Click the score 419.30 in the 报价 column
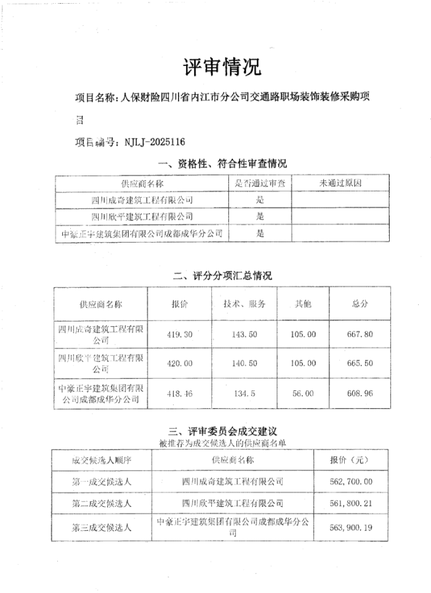pos(180,334)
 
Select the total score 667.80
pos(360,334)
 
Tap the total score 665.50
pos(360,363)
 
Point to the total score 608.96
pos(360,393)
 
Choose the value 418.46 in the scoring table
pos(180,393)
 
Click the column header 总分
pos(360,304)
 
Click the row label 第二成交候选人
pos(102,503)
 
